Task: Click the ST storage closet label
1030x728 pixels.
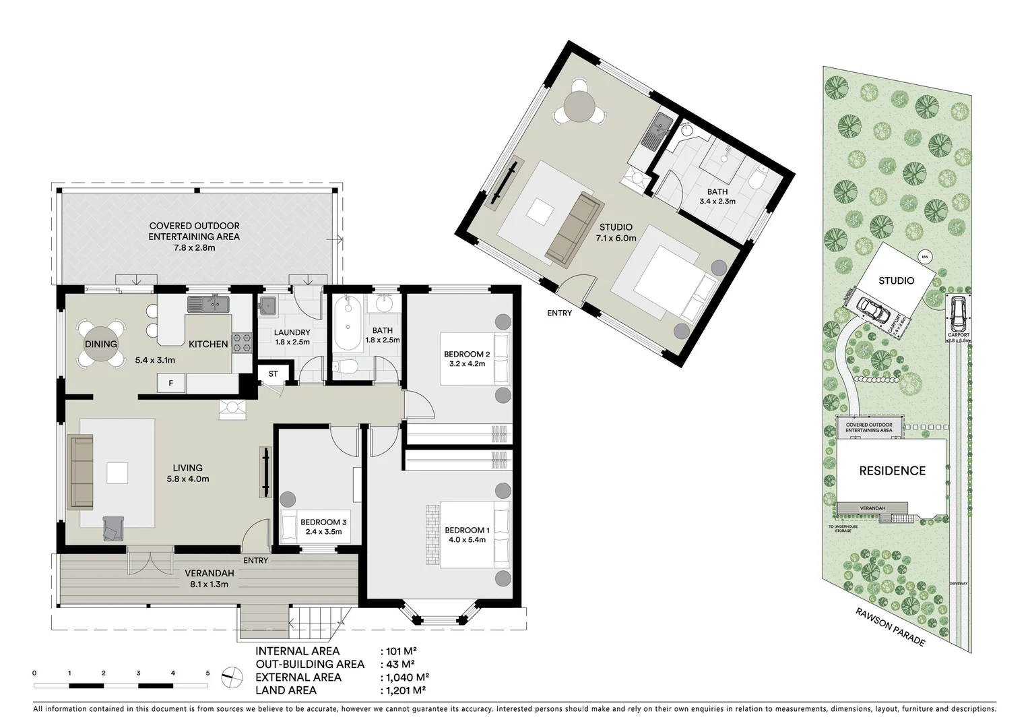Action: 273,374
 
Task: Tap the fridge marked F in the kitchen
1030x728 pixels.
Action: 171,384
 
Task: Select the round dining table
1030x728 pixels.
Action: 101,344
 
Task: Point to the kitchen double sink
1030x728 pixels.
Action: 208,304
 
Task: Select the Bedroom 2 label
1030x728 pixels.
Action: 466,354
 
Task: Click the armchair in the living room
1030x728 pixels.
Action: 113,528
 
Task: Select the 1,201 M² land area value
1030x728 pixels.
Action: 404,690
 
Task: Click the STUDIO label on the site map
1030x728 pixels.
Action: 896,280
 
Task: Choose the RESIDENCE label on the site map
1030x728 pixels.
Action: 892,471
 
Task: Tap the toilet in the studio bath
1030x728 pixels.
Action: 758,179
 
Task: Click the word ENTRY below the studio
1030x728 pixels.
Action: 559,313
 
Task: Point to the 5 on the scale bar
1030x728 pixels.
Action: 207,673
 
